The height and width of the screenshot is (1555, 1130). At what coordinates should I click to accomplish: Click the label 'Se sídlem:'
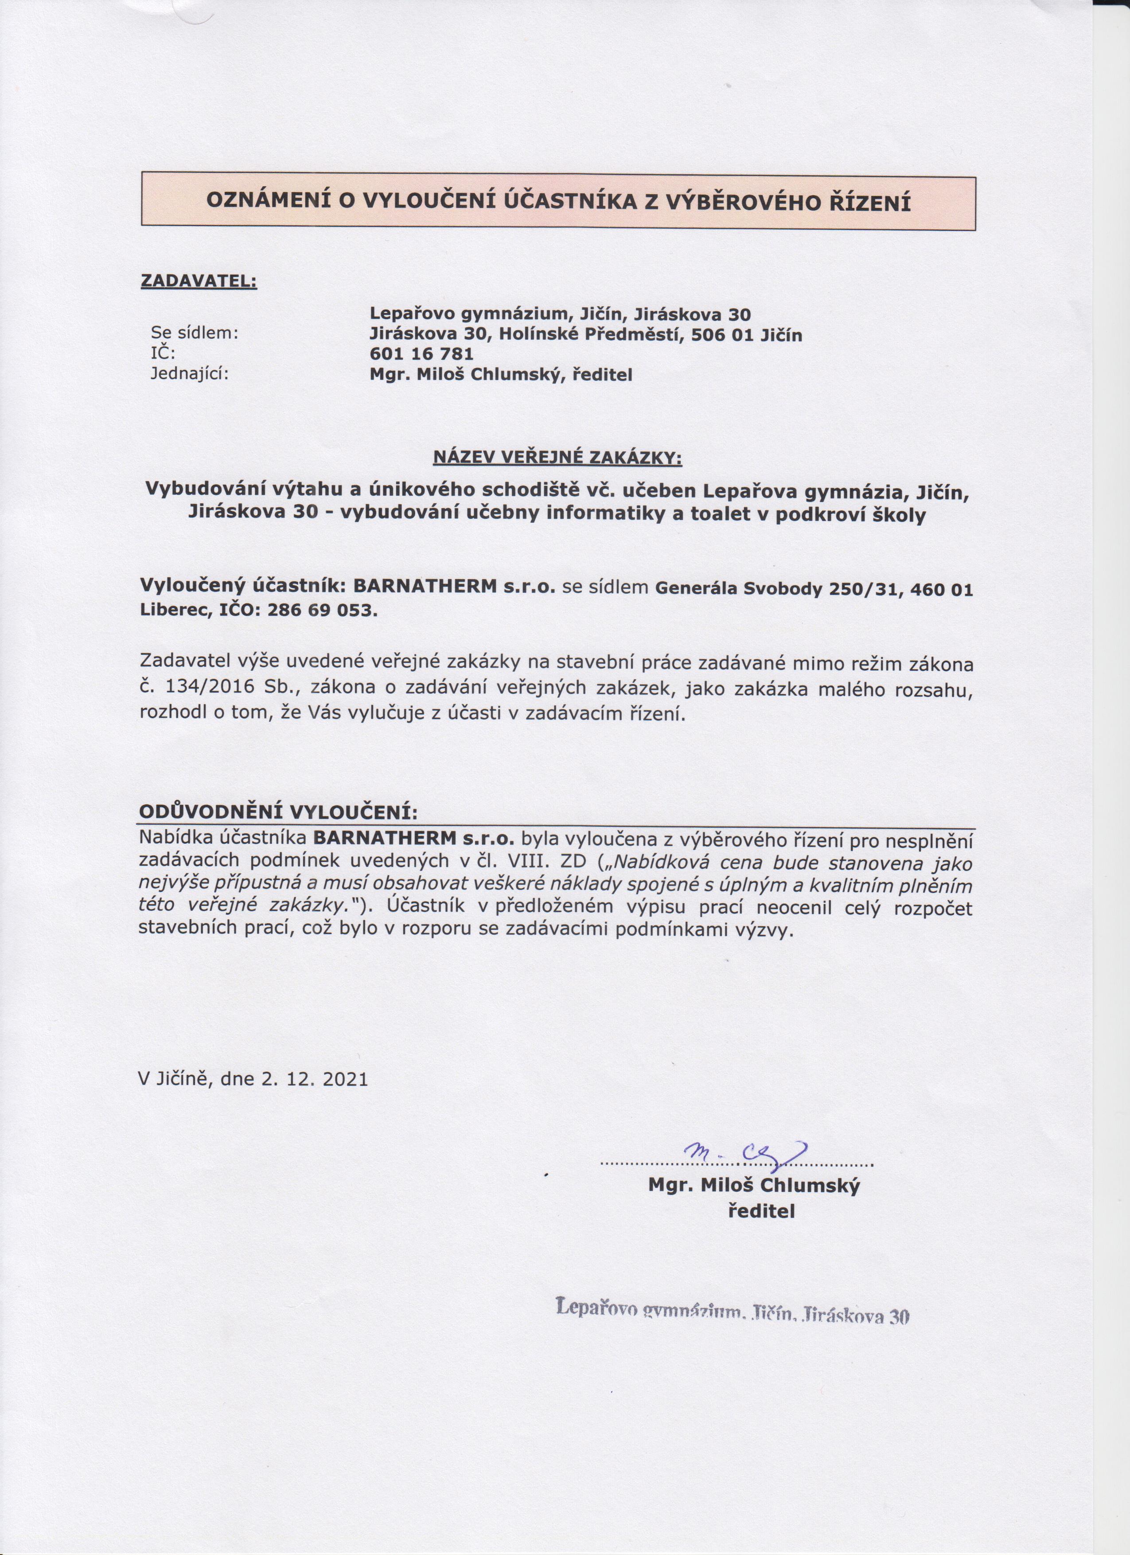click(x=194, y=334)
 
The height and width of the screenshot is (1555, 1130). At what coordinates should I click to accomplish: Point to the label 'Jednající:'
click(x=189, y=374)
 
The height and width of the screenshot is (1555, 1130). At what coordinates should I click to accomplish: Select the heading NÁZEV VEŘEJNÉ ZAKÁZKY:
click(x=558, y=457)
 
